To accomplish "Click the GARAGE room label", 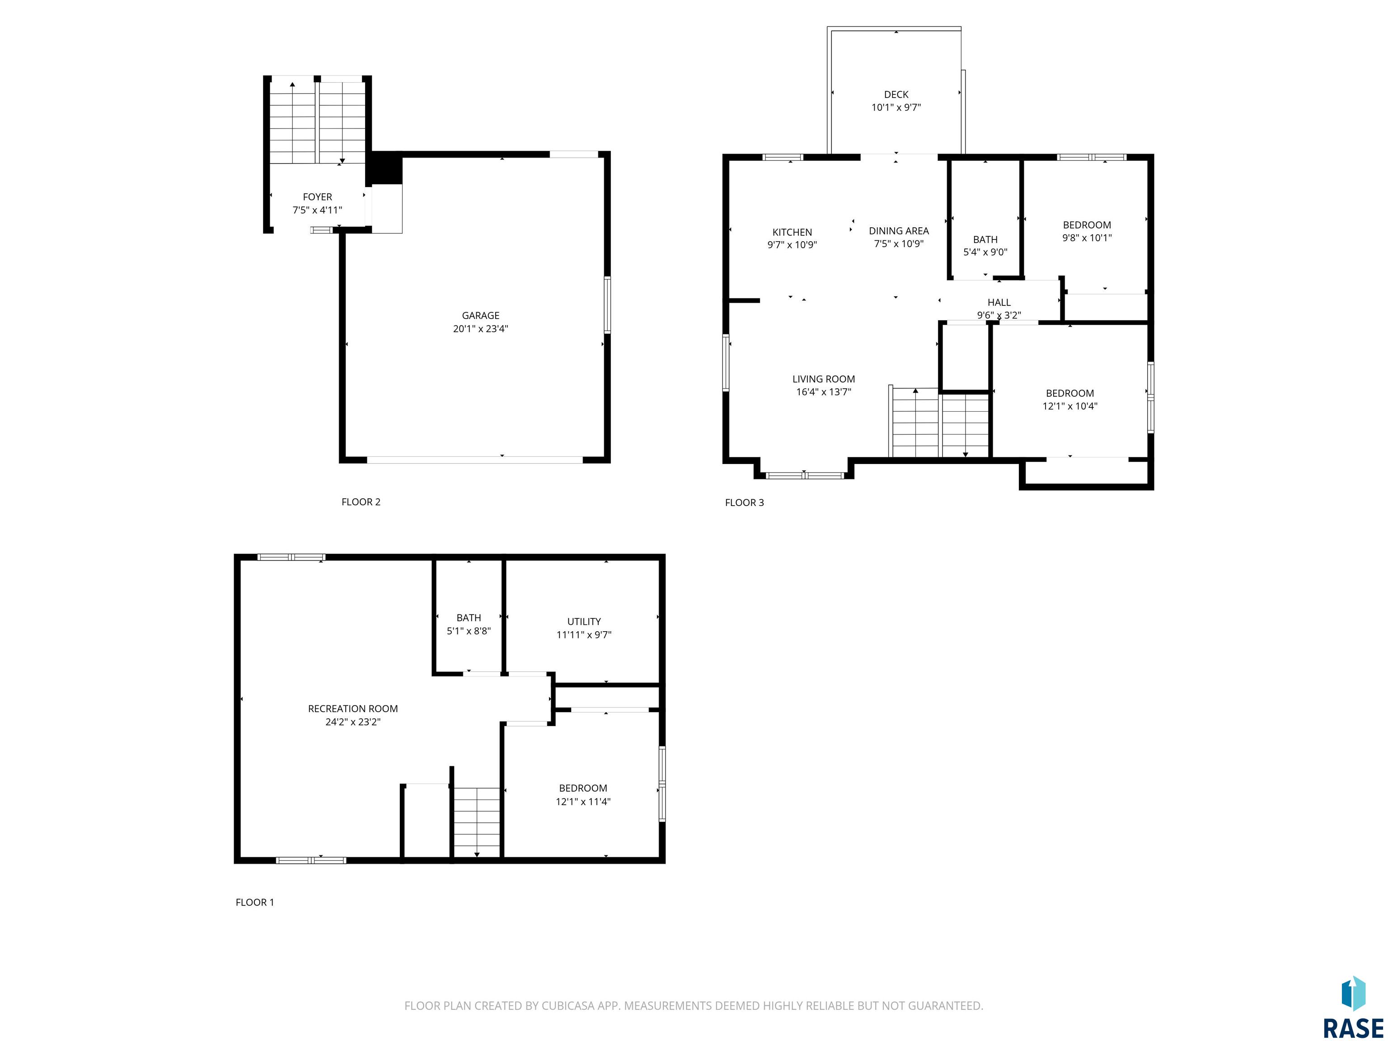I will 481,316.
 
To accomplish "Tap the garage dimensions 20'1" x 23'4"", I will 481,329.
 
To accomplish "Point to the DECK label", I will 896,95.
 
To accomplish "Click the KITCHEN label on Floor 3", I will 792,232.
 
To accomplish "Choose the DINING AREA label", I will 899,231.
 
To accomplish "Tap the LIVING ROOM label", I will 823,379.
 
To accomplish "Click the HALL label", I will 999,302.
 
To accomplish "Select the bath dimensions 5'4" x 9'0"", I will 985,252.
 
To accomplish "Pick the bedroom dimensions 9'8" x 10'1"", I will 1087,238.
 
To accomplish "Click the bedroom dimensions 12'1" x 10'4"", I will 1070,406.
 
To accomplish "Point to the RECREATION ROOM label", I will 352,708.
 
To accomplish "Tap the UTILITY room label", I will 584,621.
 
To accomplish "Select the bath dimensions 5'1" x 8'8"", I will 469,631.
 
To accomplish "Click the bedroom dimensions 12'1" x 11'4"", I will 583,801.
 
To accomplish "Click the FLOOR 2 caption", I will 361,502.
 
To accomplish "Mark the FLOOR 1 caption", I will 255,902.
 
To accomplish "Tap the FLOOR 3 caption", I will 744,502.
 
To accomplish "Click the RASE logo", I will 1352,1008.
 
